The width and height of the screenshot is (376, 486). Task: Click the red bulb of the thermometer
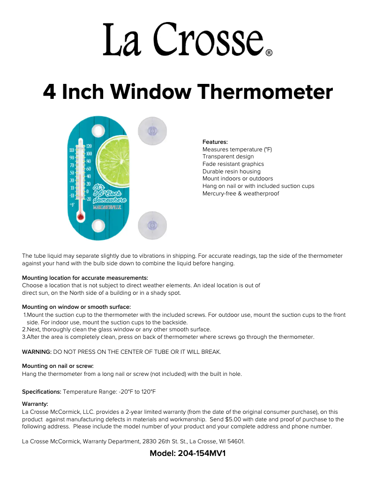[x=81, y=217]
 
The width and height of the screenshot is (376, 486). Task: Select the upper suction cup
[x=151, y=130]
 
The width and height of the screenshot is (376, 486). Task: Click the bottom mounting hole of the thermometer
[x=98, y=226]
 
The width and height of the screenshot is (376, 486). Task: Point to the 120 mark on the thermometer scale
[x=89, y=146]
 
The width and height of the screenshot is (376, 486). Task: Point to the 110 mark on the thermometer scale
[x=72, y=150]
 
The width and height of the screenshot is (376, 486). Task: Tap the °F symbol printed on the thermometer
[x=72, y=205]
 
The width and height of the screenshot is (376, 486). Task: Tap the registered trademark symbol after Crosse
[x=269, y=53]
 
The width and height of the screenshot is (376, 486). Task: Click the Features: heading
[x=215, y=142]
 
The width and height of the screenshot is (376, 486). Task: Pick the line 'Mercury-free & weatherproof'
[x=241, y=194]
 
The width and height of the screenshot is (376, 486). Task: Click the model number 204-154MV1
[x=202, y=454]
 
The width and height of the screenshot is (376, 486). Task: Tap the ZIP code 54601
[x=235, y=441]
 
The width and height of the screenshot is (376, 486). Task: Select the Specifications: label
[x=42, y=391]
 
